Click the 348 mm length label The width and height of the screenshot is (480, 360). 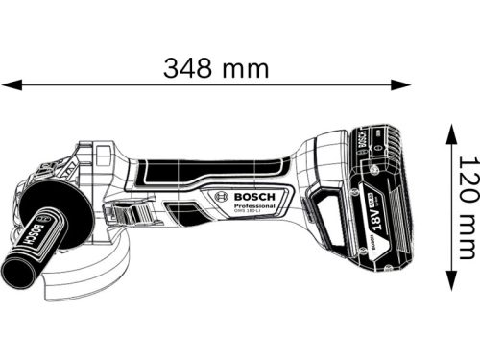216,69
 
